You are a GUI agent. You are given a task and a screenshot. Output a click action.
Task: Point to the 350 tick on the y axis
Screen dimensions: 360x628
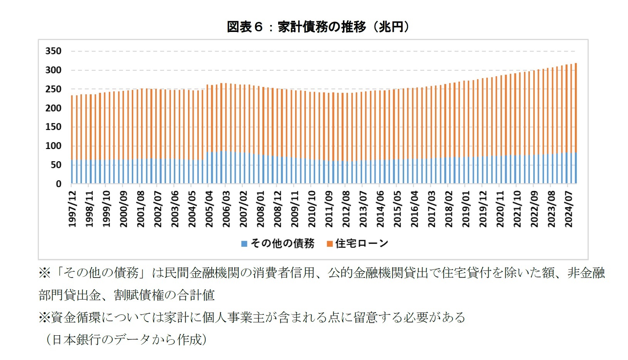coord(53,51)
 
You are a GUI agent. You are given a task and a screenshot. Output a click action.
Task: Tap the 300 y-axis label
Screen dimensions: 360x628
coord(53,70)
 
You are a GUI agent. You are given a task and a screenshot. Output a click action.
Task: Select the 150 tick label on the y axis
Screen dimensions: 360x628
coord(53,127)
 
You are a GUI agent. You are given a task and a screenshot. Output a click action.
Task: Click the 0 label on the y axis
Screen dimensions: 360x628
coord(58,184)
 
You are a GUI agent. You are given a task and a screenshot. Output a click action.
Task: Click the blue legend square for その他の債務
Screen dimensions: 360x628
coord(244,244)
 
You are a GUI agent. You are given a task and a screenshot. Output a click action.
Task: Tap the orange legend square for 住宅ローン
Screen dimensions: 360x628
coord(329,244)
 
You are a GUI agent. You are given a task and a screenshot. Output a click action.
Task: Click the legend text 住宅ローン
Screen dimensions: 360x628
coord(361,243)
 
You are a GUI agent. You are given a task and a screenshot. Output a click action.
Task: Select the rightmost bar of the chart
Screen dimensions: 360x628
coord(576,123)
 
